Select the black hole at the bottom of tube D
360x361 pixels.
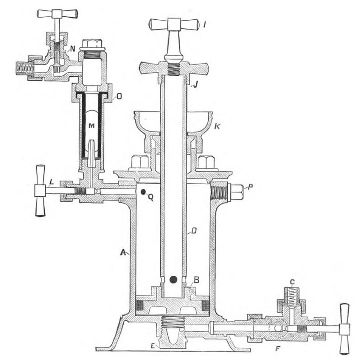point(173,280)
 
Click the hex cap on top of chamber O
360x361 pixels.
point(92,43)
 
